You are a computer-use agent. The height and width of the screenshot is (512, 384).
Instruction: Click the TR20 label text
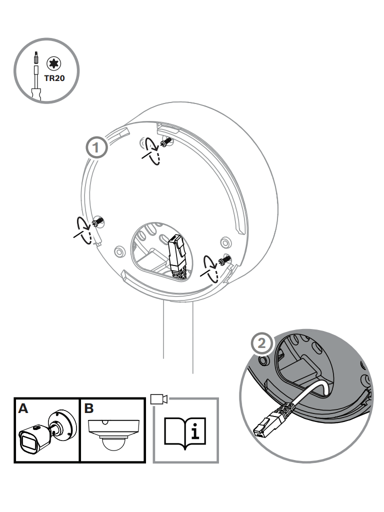point(54,78)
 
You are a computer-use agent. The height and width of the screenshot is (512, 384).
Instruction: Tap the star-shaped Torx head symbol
point(54,63)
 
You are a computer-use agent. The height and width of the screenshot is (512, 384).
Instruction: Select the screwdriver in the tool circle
point(36,76)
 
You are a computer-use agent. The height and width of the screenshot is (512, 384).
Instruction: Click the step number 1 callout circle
point(96,148)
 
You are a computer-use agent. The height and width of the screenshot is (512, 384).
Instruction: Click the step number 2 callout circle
point(262,343)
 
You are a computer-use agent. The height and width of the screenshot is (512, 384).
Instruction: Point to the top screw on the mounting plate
point(167,142)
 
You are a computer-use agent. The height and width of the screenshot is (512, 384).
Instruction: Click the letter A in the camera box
point(23,408)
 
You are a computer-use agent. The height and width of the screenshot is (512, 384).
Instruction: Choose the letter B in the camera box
point(89,408)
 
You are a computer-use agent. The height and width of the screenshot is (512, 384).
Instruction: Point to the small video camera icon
point(159,399)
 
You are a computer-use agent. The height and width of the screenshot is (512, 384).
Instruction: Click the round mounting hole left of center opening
point(120,251)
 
